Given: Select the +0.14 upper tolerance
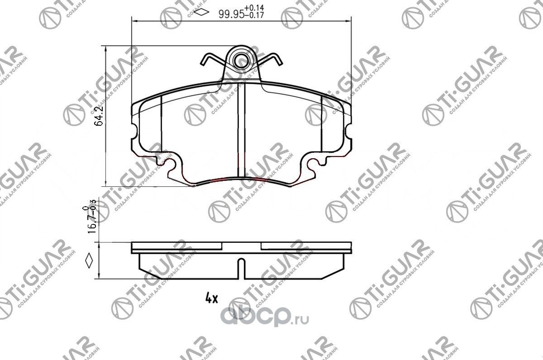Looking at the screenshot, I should point(254,8).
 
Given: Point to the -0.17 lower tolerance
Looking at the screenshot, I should point(254,15).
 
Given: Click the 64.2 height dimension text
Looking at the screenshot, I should point(101,116).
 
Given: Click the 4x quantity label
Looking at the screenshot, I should point(211,298).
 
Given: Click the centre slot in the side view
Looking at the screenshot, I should point(242,268).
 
